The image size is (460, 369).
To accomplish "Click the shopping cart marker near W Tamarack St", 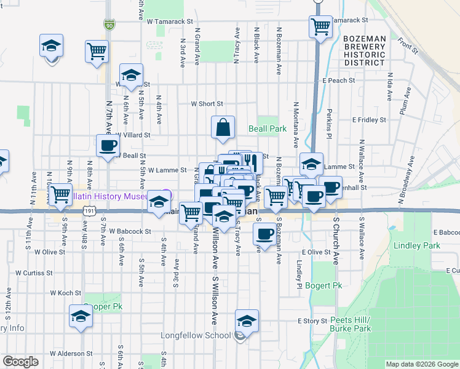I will coord(320,27).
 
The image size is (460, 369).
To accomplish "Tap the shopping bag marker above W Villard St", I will coord(223,127).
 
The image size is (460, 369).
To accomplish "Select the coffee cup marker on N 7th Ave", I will coord(108,146).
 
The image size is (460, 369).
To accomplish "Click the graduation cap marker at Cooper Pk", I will coord(81,316).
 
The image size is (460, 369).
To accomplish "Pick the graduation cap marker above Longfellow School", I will coord(247,321).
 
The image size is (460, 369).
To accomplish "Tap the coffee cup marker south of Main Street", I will coord(265,234).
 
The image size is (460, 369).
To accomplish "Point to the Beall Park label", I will coord(268,129).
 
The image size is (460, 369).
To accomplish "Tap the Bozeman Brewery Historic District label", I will coord(365,50).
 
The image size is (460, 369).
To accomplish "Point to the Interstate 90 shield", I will coord(109,25).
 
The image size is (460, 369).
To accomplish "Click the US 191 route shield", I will coord(90,211).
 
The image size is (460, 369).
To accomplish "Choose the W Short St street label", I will coord(207,105).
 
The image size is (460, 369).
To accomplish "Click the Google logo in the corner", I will coord(20,362).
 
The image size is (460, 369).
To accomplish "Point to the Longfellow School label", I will coord(195,336).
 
